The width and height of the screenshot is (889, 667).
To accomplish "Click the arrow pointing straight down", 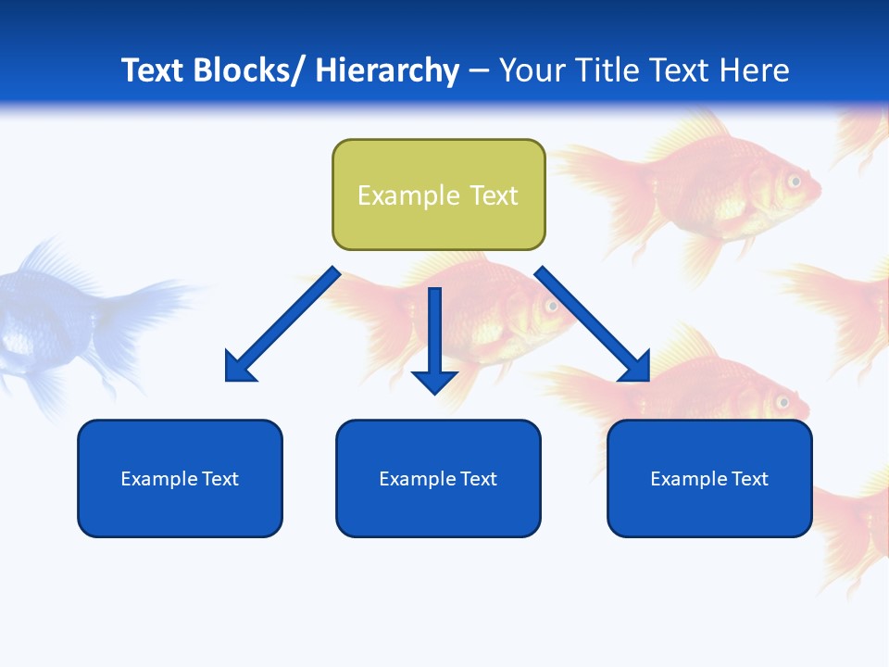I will [x=434, y=338].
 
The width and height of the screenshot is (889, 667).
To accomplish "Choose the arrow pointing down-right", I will [x=593, y=324].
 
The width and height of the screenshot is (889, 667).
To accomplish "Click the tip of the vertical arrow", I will [x=434, y=393].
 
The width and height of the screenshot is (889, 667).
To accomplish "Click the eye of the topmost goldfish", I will [x=794, y=181].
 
